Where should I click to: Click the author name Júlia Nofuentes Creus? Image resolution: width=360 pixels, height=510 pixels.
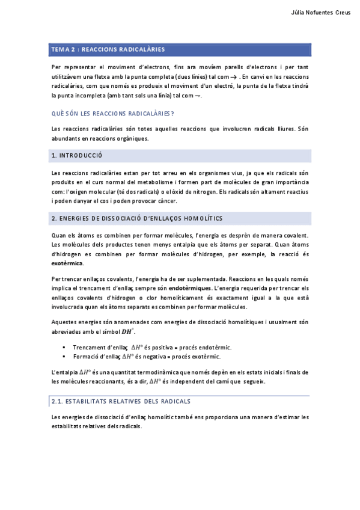coord(320,13)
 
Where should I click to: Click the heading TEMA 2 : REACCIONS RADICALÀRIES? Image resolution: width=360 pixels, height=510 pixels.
coord(108,49)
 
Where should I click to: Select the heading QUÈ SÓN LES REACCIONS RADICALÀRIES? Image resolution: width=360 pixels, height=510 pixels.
coord(113,113)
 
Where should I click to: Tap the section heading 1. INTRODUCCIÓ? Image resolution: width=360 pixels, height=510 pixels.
coord(78,156)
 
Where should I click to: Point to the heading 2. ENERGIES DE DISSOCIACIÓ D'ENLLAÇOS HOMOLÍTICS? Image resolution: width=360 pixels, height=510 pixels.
coord(137,218)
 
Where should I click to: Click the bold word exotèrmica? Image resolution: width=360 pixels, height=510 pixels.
coord(68,263)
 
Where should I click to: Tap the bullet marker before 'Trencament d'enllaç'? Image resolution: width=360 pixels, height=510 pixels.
coord(63,348)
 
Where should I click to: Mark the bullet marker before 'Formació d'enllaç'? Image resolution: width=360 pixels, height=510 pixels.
coord(63,357)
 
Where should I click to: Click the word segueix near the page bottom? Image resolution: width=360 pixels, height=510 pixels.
coord(251,382)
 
